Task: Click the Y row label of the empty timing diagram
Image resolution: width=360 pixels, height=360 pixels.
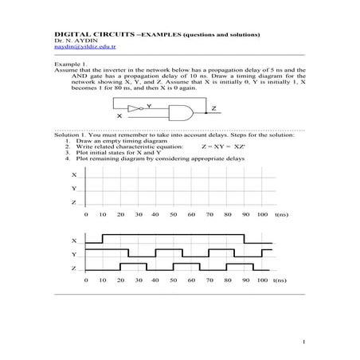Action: point(74,189)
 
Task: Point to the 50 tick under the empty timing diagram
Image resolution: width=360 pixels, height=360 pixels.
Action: point(173,215)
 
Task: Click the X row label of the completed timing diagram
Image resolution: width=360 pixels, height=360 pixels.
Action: point(74,241)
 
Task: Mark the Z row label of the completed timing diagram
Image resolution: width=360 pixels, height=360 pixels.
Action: point(74,268)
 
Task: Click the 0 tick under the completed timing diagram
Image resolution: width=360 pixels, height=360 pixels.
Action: point(86,281)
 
